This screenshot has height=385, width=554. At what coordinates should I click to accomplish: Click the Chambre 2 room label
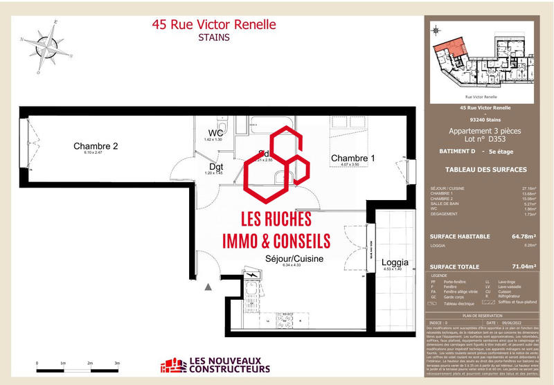96,146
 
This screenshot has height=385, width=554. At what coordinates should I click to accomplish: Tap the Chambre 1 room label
352,159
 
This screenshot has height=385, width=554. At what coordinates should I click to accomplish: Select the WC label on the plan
215,133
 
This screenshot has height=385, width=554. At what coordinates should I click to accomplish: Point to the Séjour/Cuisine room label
294,258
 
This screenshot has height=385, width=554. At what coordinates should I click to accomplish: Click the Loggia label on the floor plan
395,262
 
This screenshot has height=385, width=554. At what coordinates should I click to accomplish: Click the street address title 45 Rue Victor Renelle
213,25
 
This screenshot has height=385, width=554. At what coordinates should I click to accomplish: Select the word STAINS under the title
213,38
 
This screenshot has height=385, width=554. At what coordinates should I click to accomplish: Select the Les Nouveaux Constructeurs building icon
173,366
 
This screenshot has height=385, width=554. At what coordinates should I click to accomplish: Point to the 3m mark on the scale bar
117,362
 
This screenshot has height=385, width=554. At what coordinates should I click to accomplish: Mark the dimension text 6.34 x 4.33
294,266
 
